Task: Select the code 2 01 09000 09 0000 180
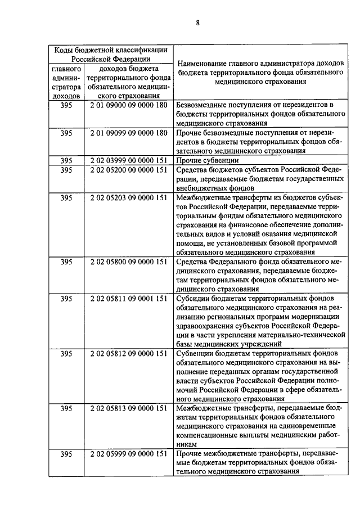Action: (x=128, y=105)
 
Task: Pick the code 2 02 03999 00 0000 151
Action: (x=128, y=160)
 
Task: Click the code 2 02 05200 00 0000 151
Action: (x=128, y=169)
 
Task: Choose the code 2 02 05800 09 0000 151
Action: (x=128, y=262)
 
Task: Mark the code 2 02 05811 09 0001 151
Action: (x=128, y=298)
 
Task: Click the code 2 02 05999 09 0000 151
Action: (x=128, y=454)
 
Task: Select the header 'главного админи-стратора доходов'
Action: (x=66, y=82)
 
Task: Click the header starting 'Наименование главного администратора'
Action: (x=260, y=72)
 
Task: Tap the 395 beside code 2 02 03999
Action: (x=66, y=160)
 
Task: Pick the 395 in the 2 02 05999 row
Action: (x=66, y=454)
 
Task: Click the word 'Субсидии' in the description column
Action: (x=192, y=298)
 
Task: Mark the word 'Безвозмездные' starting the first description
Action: (x=202, y=105)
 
